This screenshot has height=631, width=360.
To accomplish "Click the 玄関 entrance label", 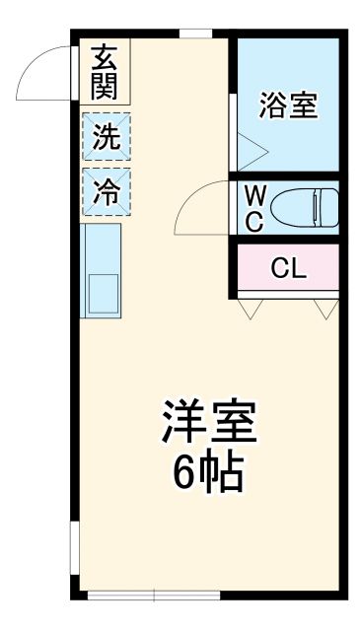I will (105, 74).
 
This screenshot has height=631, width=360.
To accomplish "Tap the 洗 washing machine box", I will (105, 139).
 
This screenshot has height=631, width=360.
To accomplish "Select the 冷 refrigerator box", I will (105, 192).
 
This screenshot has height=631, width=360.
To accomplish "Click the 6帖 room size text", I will (208, 475).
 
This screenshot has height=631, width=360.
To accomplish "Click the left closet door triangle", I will (251, 311).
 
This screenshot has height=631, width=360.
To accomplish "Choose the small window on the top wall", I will (194, 35).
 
